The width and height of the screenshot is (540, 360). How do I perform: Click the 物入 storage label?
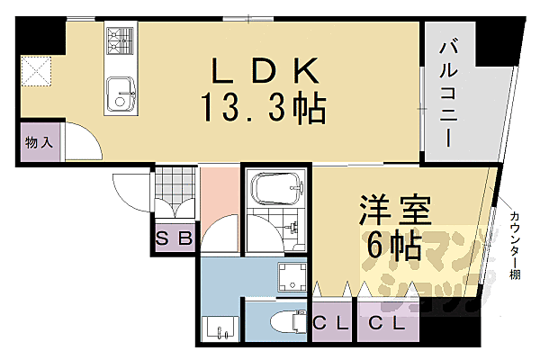pos(39,142)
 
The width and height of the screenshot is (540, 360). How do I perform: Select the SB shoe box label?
pos(173,239)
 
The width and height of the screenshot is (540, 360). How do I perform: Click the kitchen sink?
pos(120,94)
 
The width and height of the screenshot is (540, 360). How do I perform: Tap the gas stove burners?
pos(119,40)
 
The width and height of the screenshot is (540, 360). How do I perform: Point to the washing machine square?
pos(292,278)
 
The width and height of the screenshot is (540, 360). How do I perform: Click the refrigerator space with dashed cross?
pos(39,72)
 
